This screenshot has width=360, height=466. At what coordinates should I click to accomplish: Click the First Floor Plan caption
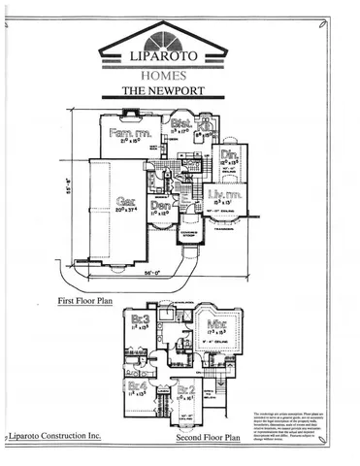pos(84,302)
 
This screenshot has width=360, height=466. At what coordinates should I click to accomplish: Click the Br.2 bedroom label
pos(184,391)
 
